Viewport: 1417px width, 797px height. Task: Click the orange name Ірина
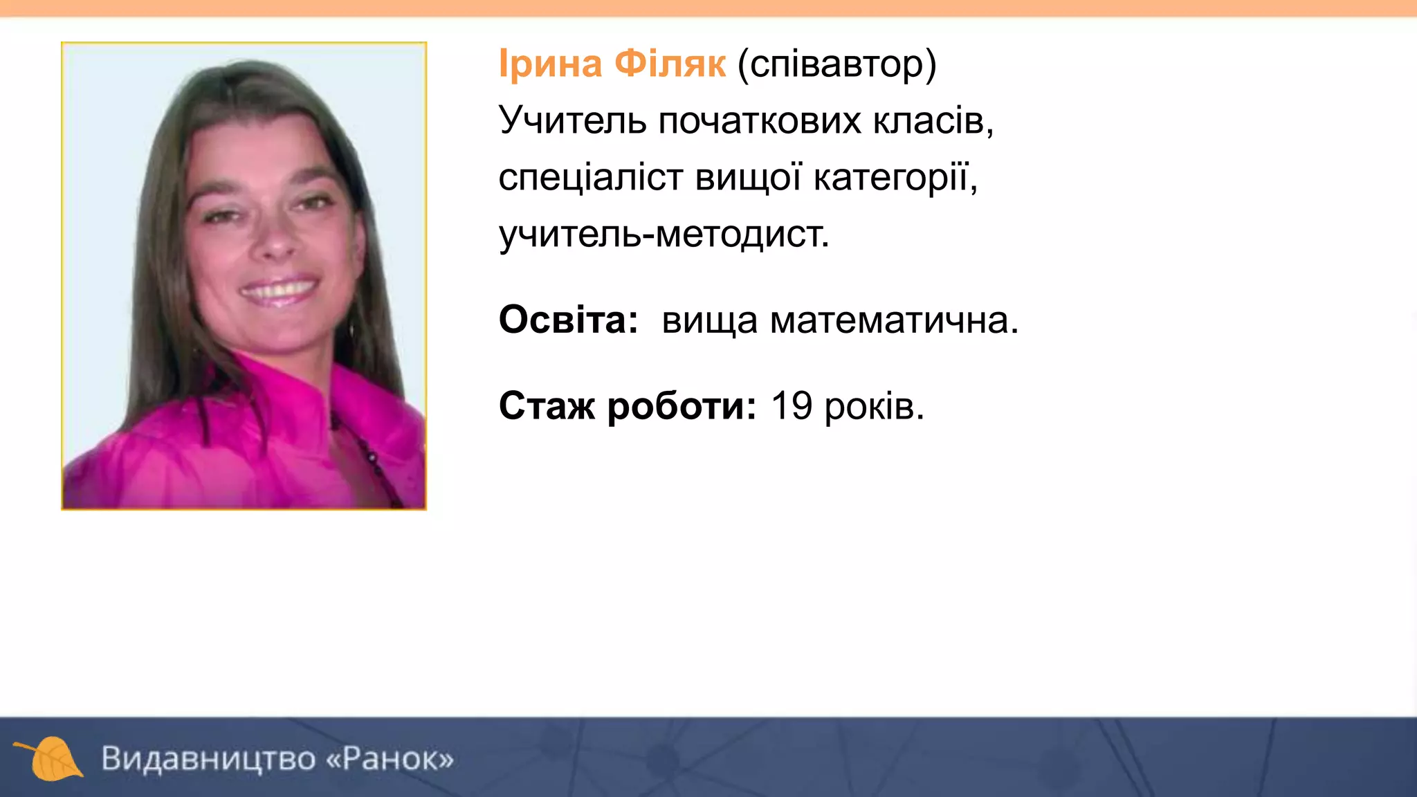tap(550, 64)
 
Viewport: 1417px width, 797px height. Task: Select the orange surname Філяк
tap(670, 64)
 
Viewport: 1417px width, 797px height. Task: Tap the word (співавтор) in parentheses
tap(837, 64)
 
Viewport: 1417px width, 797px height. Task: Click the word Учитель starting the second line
tap(572, 120)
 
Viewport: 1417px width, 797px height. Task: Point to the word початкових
tap(761, 120)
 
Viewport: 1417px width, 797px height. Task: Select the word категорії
tap(895, 177)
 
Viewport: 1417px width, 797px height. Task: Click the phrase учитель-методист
tap(664, 234)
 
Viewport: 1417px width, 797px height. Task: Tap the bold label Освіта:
tap(568, 320)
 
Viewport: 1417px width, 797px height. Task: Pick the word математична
tap(893, 320)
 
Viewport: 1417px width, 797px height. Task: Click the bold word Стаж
tap(546, 406)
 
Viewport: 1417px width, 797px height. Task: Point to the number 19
tap(791, 406)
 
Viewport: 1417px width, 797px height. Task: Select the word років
tap(874, 406)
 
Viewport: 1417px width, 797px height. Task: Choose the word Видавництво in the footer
tap(208, 758)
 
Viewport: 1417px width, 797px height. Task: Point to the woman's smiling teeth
tap(280, 289)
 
